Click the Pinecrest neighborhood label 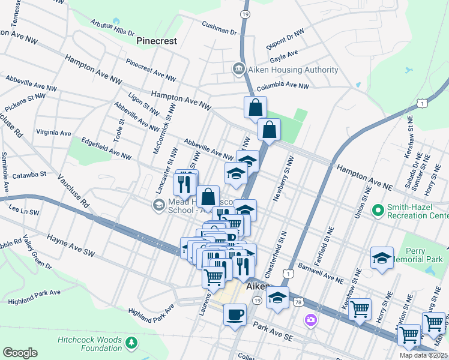(x=157, y=41)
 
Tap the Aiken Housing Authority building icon (x=239, y=70)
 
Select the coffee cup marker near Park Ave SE (x=235, y=314)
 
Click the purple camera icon (x=310, y=319)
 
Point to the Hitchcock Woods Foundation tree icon (x=131, y=343)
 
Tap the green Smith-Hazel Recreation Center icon (x=378, y=210)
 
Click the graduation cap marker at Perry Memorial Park (x=381, y=258)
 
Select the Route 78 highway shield (x=298, y=302)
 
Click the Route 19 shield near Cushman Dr (x=244, y=13)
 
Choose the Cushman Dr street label (x=220, y=28)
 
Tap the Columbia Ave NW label (x=282, y=86)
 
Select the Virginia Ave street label (x=53, y=133)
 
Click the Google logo (x=20, y=353)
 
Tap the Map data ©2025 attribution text (x=423, y=355)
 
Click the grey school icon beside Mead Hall (x=158, y=206)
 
